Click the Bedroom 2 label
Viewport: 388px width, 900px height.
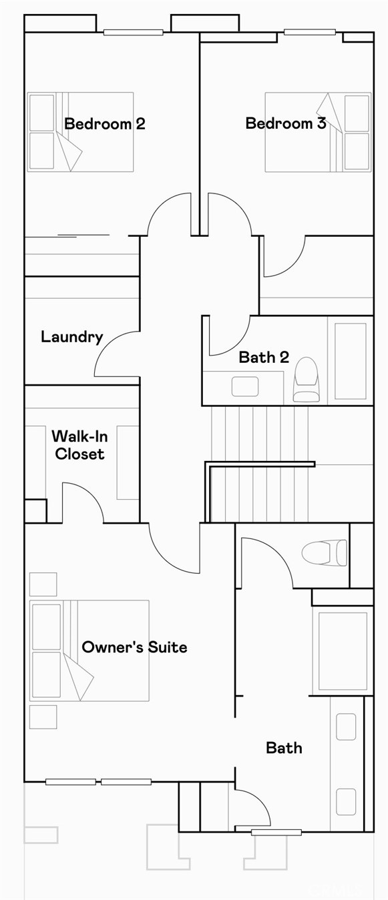[105, 123]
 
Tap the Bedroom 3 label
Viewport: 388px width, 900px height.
[286, 123]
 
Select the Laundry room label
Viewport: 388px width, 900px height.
[72, 337]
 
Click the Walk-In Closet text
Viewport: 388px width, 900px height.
[79, 445]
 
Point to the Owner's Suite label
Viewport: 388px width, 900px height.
[134, 647]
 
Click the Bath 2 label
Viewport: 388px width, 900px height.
[264, 358]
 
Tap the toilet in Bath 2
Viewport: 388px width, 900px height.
[307, 380]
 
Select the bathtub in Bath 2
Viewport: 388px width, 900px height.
[350, 361]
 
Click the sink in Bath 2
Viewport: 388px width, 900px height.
[244, 386]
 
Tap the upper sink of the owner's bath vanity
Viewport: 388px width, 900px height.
[346, 727]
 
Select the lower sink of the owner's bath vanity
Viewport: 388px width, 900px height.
[346, 801]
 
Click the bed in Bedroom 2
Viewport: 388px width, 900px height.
[80, 132]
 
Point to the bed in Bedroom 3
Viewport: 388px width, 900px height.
[318, 132]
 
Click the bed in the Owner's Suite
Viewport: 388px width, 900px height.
[89, 650]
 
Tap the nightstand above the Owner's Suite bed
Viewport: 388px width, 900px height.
[43, 584]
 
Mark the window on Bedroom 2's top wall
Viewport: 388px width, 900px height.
[133, 32]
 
